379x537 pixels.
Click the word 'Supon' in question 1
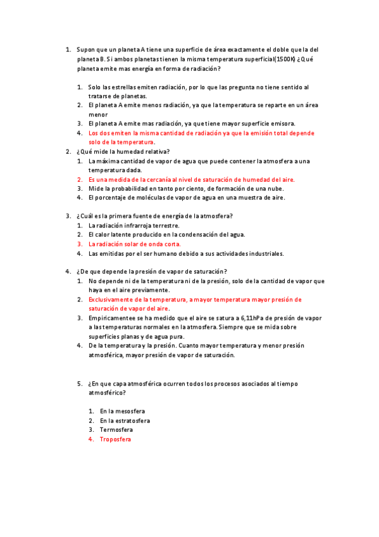pyautogui.click(x=85, y=49)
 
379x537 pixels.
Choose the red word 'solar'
pyautogui.click(x=134, y=244)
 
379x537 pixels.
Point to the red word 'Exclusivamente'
pyautogui.click(x=111, y=300)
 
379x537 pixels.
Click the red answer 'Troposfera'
pyautogui.click(x=115, y=439)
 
